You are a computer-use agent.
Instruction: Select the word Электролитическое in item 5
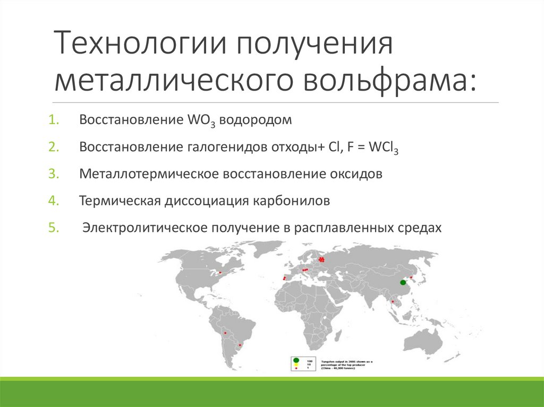coord(143,228)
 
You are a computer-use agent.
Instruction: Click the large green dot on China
coord(403,282)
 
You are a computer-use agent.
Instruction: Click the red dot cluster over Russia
coord(321,259)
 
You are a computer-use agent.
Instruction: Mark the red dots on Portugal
coord(284,278)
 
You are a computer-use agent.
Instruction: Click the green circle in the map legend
coord(296,360)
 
